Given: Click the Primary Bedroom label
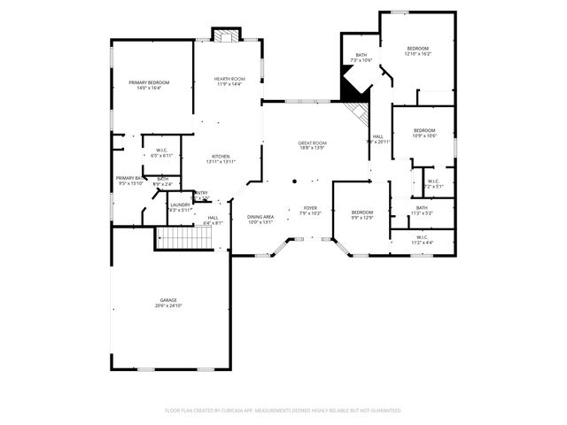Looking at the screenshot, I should (x=148, y=82).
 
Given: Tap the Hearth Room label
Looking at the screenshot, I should (x=229, y=80).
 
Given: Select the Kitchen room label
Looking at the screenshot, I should (x=221, y=156).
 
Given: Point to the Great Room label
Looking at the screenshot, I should (x=312, y=143).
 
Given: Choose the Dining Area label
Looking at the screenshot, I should (x=260, y=217).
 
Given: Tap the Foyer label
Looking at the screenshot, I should (x=312, y=208).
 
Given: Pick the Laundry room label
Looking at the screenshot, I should (x=180, y=204).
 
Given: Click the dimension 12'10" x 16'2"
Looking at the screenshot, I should (x=417, y=54).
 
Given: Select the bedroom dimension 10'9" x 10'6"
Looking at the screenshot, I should (x=424, y=135).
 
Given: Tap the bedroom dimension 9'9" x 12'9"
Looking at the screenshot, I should (x=361, y=217).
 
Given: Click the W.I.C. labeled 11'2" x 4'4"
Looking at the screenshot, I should (x=423, y=242).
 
